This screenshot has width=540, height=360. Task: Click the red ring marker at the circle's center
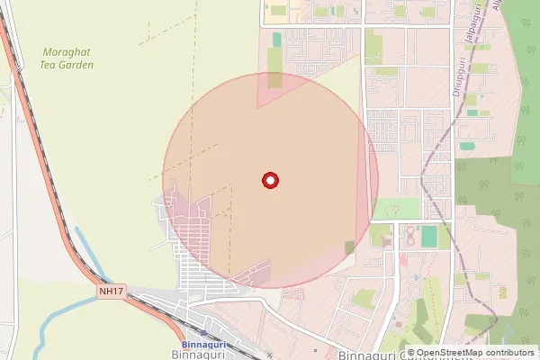tap(269, 181)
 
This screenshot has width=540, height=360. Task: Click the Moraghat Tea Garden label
tap(67, 58)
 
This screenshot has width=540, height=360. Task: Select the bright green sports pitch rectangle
tap(429, 237)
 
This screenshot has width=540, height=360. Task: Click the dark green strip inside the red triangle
tap(274, 79)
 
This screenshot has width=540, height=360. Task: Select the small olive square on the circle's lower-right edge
tap(349, 247)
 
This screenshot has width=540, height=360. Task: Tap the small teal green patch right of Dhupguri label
tap(467, 146)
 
